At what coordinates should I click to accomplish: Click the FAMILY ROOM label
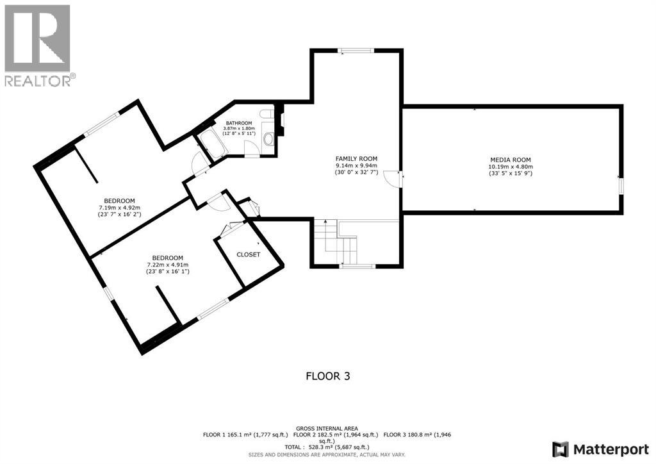click(356, 158)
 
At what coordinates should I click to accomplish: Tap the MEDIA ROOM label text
click(511, 160)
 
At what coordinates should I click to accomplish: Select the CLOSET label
click(248, 254)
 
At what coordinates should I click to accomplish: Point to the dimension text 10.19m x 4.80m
click(511, 166)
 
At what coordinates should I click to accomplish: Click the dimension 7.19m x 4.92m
click(120, 208)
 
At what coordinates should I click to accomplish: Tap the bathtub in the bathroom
click(211, 144)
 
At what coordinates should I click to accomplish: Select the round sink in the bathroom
click(268, 139)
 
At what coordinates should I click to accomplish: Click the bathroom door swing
click(251, 149)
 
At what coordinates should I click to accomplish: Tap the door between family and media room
click(393, 179)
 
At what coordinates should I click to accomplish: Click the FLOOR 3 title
click(328, 376)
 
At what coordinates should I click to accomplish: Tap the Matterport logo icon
click(561, 449)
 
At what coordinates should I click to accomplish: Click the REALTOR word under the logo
click(38, 81)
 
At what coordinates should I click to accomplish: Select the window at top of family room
click(356, 51)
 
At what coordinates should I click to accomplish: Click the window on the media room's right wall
click(621, 185)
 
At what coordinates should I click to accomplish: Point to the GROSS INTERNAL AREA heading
click(327, 429)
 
